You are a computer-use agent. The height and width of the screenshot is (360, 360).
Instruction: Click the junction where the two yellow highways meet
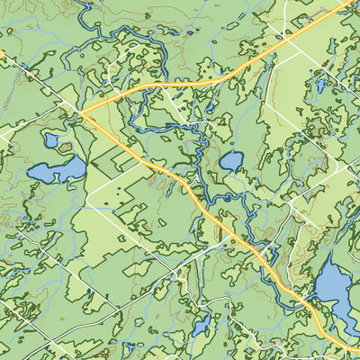[83, 113]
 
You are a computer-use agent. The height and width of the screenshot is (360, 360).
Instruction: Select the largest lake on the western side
[56, 170]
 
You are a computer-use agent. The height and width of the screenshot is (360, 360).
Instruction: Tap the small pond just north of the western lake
[51, 140]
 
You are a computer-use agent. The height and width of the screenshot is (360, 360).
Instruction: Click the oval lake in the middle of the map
[231, 162]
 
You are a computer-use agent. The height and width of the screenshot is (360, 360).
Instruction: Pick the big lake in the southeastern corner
[335, 292]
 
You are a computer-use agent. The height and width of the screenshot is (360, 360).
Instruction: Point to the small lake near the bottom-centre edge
[200, 324]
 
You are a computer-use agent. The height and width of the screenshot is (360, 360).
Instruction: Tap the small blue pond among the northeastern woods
[319, 86]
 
